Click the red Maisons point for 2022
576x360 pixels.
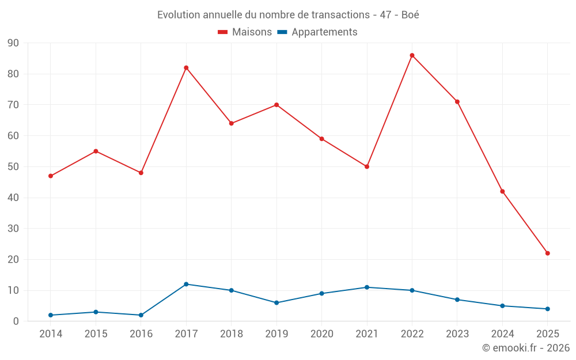412,55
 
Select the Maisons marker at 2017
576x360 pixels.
186,68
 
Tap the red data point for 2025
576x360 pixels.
547,253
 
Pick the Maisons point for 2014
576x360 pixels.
51,176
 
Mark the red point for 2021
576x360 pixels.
367,166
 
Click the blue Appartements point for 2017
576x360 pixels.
186,284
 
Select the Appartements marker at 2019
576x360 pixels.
276,302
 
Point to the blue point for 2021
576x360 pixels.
367,287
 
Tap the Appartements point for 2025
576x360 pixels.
547,309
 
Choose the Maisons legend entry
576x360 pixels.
245,32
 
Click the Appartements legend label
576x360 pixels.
324,32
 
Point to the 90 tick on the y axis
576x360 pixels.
13,43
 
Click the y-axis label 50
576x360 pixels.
13,167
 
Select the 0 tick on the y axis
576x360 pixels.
16,321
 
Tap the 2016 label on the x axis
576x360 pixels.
141,334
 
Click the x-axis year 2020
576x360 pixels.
321,334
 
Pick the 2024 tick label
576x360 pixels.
502,334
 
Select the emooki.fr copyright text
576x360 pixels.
526,348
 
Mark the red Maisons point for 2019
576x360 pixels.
276,105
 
